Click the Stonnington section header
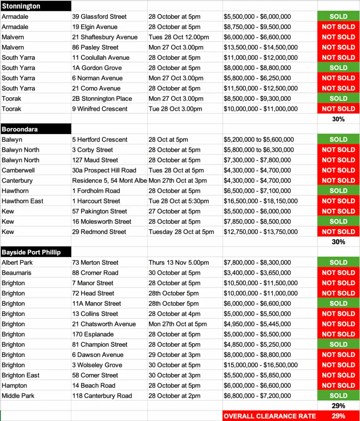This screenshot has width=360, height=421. tap(21, 6)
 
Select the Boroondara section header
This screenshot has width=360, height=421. tap(20, 129)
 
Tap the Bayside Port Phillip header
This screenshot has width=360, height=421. tap(31, 252)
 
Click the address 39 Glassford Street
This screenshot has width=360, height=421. tap(99, 16)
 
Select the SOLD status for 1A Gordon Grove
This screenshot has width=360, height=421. tap(338, 68)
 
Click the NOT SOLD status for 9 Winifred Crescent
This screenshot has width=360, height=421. tap(338, 109)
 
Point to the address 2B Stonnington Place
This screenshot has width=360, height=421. tap(102, 98)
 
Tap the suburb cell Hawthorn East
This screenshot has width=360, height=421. tap(22, 201)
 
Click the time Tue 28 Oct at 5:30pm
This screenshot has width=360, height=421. tap(179, 201)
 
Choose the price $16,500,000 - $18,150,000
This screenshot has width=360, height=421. tap(260, 201)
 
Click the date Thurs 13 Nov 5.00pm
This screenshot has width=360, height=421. tap(179, 262)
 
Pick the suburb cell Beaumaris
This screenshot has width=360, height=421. tap(16, 273)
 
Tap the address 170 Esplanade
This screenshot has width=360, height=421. tap(93, 334)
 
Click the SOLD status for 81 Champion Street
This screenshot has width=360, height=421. tap(338, 345)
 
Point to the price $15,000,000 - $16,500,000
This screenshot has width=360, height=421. tap(260, 365)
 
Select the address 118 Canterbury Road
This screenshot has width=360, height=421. tap(102, 396)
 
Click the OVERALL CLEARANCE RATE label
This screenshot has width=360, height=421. tap(270, 416)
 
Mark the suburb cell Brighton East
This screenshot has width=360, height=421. tap(21, 375)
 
